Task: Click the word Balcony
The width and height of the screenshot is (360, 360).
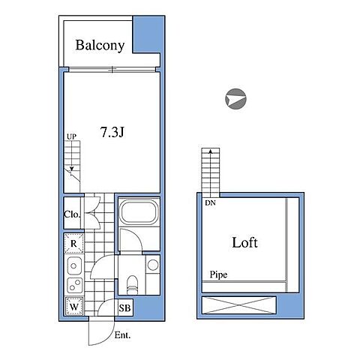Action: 100,45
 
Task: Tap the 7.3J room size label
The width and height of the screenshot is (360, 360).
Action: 112,132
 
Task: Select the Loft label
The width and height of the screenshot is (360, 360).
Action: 244,242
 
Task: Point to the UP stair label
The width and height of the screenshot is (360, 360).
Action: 71,136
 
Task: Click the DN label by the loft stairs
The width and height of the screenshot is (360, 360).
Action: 210,203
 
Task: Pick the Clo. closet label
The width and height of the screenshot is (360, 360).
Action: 72,214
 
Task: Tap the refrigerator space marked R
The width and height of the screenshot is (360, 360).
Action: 73,243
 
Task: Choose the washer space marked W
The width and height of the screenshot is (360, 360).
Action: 74,307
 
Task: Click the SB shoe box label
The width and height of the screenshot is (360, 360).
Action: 124,308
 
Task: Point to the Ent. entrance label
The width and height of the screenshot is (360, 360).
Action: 122,335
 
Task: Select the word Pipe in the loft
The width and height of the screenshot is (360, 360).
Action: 218,274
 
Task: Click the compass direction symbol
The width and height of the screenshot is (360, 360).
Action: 235,99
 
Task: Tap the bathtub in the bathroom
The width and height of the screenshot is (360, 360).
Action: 139,212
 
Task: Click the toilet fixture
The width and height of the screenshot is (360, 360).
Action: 132,285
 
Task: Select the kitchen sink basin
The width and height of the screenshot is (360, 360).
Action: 74,265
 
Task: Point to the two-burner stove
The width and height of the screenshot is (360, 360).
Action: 74,285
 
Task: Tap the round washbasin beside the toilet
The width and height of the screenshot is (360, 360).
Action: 153,265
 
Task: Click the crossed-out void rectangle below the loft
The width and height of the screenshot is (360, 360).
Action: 238,305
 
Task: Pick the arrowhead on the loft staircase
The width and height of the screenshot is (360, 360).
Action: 211,151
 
